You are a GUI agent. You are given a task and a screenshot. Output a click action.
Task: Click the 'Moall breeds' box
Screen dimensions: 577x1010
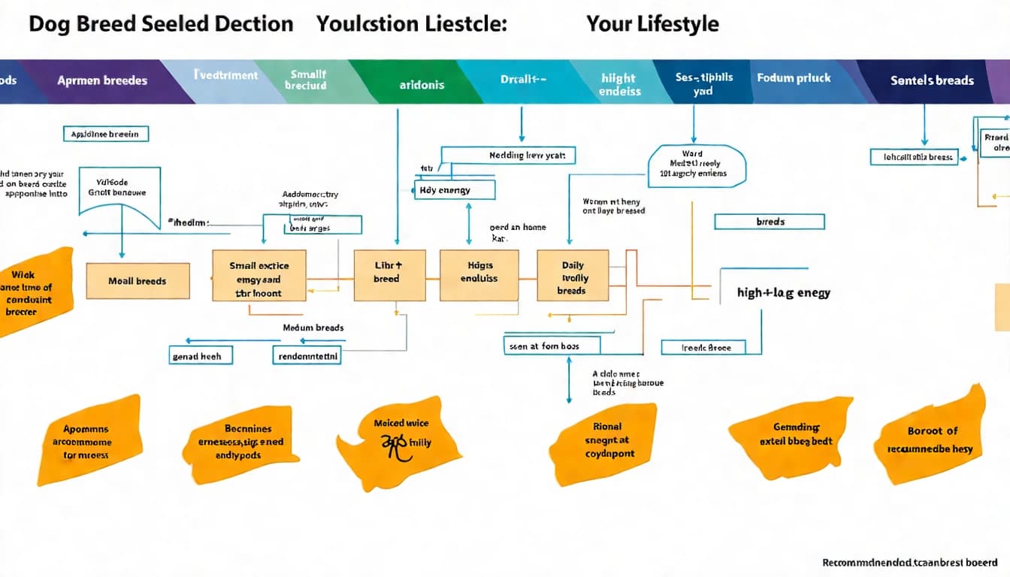point(138,281)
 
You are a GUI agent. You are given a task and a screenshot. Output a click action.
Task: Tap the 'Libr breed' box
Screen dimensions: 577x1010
point(389,275)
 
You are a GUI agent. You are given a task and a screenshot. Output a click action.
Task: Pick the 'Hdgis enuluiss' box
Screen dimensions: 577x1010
point(479,275)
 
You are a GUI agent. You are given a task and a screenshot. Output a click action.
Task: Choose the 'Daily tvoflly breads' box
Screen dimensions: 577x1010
point(573,276)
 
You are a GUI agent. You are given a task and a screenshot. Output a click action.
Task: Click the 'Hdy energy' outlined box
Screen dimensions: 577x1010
point(455,190)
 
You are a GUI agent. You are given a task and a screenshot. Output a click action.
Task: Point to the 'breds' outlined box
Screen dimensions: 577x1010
point(770,222)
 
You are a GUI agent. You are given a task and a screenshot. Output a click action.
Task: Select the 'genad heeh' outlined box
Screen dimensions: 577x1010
point(198,356)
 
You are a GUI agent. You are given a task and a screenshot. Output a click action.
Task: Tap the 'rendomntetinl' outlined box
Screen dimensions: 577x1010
point(307,356)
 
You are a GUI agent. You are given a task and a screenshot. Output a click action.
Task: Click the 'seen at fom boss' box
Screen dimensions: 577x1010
point(552,346)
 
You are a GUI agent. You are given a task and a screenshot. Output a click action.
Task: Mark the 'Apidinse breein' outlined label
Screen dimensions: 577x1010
point(105,134)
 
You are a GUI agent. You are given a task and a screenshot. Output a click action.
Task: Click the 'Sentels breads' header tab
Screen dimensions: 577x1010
point(932,80)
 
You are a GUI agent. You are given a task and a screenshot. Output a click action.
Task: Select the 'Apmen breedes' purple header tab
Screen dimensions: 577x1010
point(102,80)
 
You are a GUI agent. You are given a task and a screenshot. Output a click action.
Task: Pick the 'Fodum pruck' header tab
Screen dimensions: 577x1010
point(794,78)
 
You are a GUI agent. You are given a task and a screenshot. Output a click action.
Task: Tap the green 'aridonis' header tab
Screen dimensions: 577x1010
point(422,84)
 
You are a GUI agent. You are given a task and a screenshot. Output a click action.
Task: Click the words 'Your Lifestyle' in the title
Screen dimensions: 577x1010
point(652,24)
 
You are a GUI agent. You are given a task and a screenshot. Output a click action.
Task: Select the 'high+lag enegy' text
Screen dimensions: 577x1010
point(784,293)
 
